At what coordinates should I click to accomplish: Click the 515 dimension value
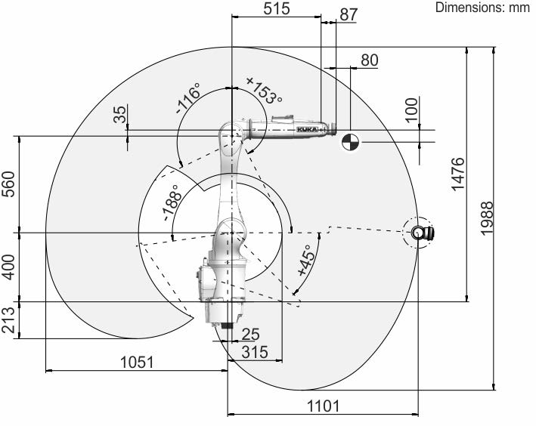[x=277, y=8]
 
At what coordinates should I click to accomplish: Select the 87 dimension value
[x=349, y=14]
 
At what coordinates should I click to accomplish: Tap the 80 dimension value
[x=370, y=60]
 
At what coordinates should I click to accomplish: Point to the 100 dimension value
[x=412, y=110]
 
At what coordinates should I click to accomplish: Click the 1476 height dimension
[x=458, y=174]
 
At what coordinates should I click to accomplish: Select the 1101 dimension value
[x=324, y=406]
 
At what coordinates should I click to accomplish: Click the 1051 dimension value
[x=137, y=362]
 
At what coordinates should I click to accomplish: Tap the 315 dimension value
[x=255, y=352]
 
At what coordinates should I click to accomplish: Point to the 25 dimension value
[x=250, y=335]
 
